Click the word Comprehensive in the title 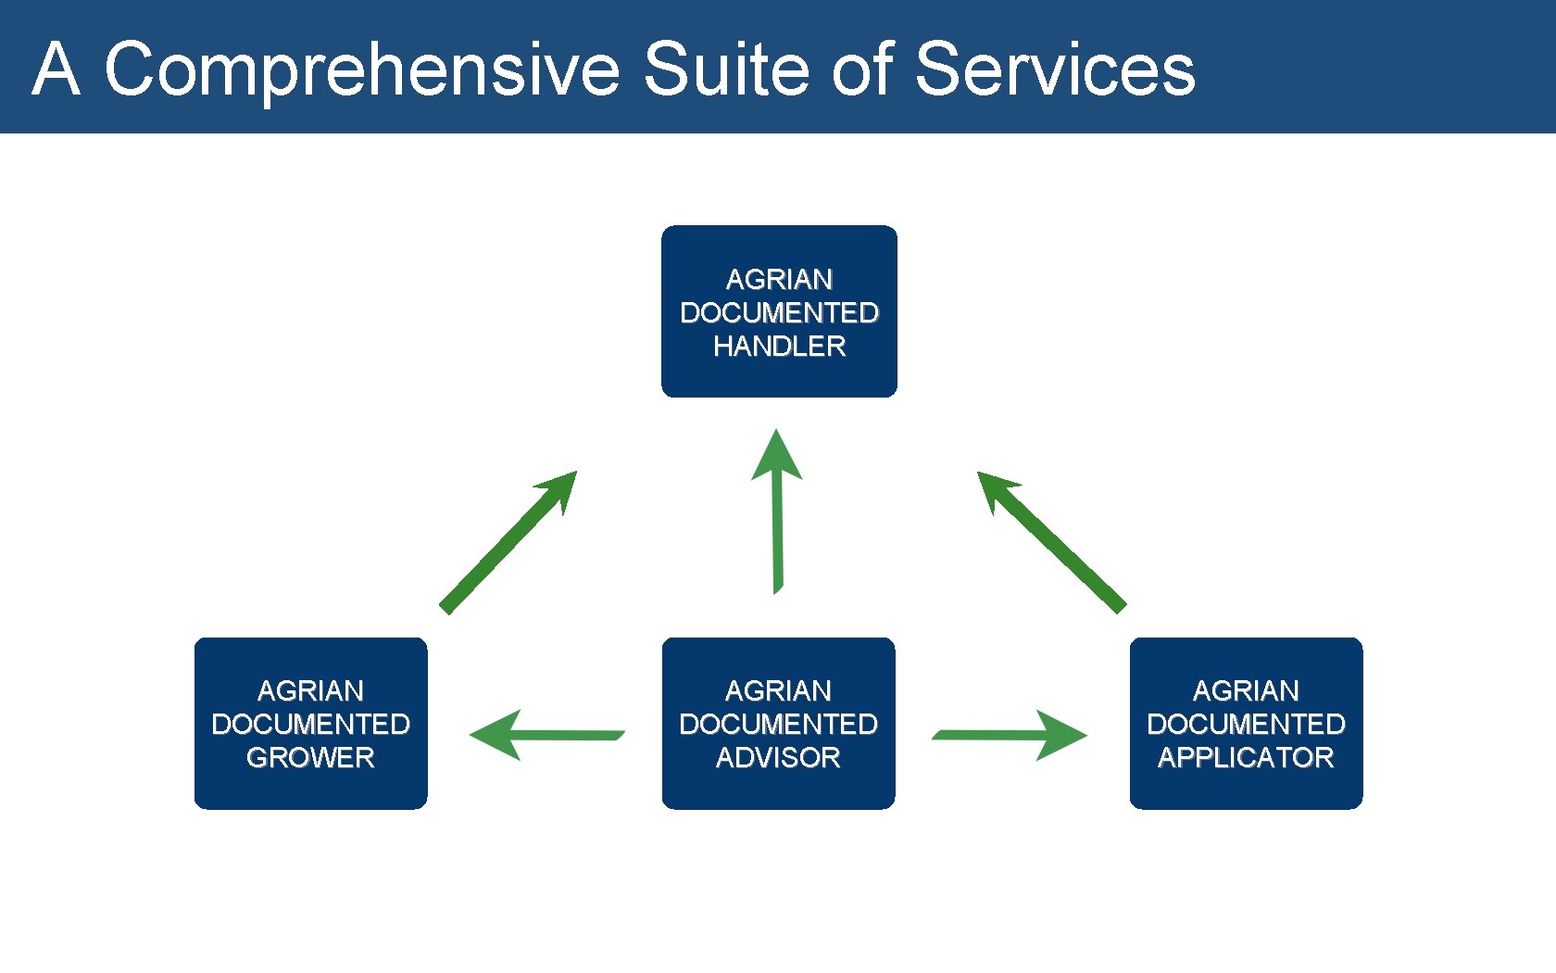pyautogui.click(x=361, y=69)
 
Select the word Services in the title pyautogui.click(x=1055, y=69)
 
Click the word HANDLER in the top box pyautogui.click(x=779, y=347)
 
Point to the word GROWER pyautogui.click(x=310, y=758)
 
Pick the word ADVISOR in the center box pyautogui.click(x=778, y=758)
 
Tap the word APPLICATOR pyautogui.click(x=1246, y=758)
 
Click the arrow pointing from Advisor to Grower pyautogui.click(x=546, y=736)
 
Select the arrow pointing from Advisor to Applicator pyautogui.click(x=1010, y=736)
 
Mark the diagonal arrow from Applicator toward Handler pyautogui.click(x=1051, y=542)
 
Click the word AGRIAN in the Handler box pyautogui.click(x=779, y=280)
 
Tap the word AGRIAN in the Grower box pyautogui.click(x=310, y=691)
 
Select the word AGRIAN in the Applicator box pyautogui.click(x=1246, y=691)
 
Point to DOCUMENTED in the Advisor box pyautogui.click(x=778, y=725)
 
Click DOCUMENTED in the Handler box pyautogui.click(x=779, y=313)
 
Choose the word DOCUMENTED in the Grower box pyautogui.click(x=310, y=725)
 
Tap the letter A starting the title pyautogui.click(x=56, y=69)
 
